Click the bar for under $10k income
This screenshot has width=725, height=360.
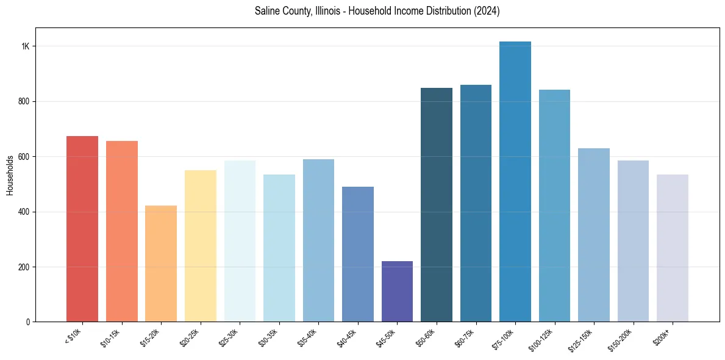(82, 229)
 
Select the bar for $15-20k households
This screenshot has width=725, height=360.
(161, 264)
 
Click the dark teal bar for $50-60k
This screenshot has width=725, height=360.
(437, 204)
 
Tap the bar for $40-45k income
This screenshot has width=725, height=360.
(358, 254)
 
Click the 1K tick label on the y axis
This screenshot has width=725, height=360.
(26, 46)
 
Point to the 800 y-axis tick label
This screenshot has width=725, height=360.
(24, 101)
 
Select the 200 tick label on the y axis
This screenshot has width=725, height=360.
(24, 267)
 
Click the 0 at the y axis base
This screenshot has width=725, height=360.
(28, 322)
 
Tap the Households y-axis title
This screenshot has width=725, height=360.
(10, 175)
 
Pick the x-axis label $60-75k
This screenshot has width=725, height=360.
(466, 337)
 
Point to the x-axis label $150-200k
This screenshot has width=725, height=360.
(622, 339)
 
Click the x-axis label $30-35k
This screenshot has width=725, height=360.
(269, 337)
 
